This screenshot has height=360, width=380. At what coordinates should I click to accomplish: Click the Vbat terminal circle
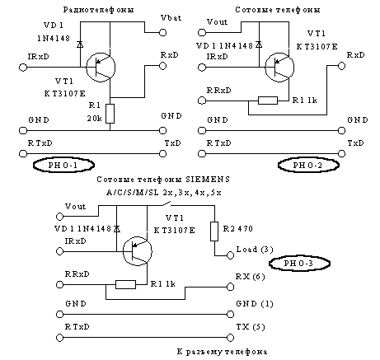coord(163,33)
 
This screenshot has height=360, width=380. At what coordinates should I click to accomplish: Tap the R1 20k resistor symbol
coord(110,114)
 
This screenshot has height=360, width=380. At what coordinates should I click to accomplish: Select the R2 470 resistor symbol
coord(214,231)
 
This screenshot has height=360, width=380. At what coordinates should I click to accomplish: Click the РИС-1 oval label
coord(63,165)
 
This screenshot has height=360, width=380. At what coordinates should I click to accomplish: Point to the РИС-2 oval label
coord(308,165)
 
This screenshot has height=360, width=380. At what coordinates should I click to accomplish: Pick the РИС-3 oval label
coord(299,264)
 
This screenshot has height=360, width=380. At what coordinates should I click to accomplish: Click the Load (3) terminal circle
coord(230,255)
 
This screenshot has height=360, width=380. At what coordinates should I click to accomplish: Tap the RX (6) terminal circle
coord(230,287)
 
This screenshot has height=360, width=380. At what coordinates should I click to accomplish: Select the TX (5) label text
coord(251,327)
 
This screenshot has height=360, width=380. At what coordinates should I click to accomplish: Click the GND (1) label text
coord(255,304)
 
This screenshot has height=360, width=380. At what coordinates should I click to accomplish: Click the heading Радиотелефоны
coord(99,10)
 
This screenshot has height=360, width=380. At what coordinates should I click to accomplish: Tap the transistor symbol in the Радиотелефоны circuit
coord(101,68)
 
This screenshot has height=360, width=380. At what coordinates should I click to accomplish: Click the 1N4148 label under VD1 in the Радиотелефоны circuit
coord(54,38)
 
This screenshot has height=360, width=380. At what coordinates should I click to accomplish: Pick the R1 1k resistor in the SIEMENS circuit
coord(125,284)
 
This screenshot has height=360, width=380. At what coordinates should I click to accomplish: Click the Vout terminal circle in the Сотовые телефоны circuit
coord(202,32)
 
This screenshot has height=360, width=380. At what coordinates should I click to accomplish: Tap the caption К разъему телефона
coord(222,352)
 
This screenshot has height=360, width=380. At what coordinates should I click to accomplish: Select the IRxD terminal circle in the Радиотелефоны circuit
coord(23,67)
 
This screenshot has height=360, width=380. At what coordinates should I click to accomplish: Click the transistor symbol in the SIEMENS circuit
coord(138,251)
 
